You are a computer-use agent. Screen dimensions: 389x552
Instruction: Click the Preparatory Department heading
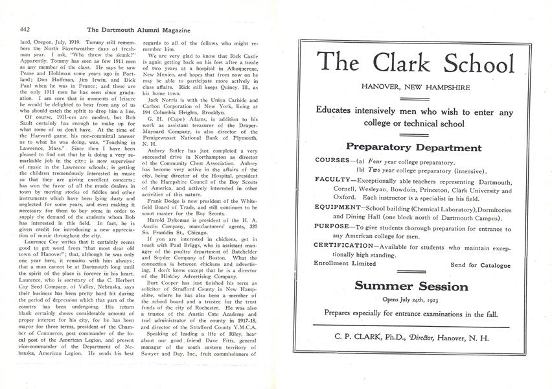point(416,147)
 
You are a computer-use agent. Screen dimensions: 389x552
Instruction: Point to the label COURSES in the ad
point(332,160)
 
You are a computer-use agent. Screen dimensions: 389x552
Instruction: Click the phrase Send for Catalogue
point(480,265)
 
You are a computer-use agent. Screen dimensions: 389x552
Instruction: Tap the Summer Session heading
point(416,286)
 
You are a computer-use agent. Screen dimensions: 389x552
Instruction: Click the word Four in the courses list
point(388,160)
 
